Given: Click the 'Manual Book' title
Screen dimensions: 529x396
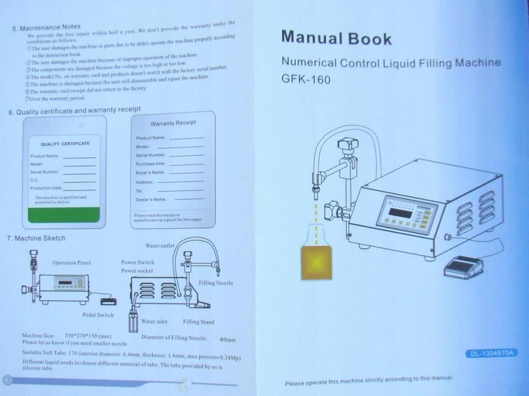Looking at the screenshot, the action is click(x=337, y=37).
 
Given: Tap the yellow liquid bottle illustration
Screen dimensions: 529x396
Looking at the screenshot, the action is click(x=315, y=263).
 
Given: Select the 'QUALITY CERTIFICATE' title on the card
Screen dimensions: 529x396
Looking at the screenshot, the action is click(x=65, y=143).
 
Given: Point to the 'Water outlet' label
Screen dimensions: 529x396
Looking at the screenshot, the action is click(x=159, y=245).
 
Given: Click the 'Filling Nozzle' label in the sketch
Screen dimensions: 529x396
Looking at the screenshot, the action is click(x=216, y=282).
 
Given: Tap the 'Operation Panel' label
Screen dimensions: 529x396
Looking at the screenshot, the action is click(x=71, y=262).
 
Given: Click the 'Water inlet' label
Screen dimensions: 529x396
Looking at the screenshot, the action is click(x=154, y=321).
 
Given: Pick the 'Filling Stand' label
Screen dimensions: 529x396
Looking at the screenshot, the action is click(x=198, y=322).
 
